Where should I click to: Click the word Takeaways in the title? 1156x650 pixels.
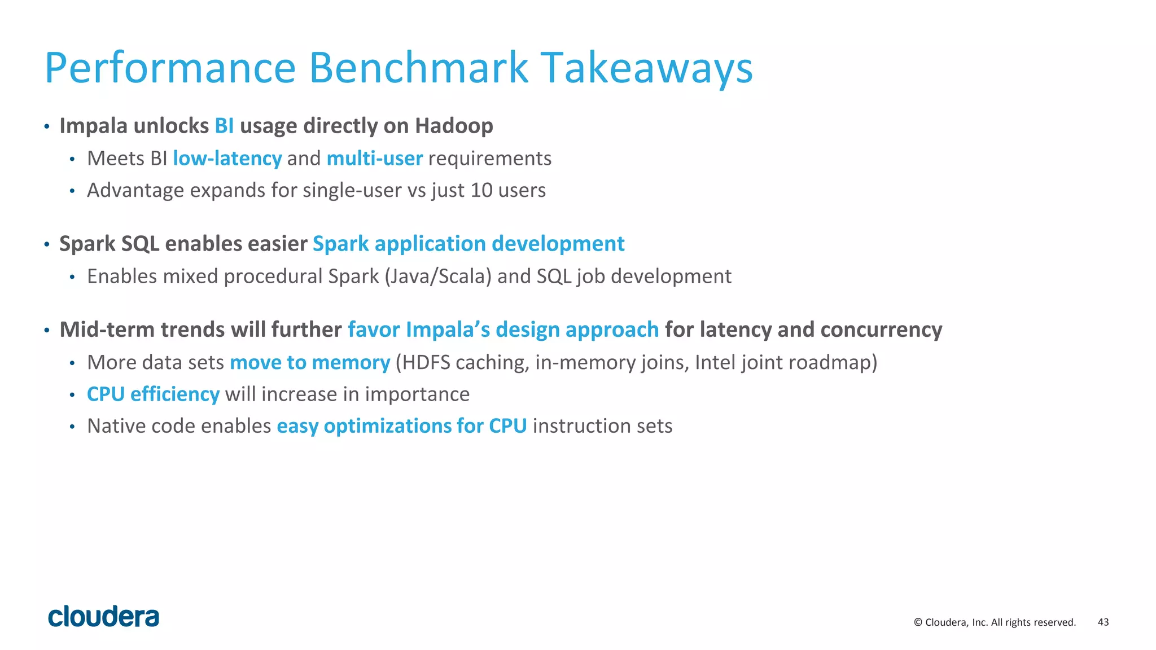(646, 68)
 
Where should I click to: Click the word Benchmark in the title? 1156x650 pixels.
(418, 68)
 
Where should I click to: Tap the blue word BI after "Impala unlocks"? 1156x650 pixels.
(224, 126)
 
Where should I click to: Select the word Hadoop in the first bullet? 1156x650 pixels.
(454, 126)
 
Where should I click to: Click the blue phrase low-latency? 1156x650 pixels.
(227, 159)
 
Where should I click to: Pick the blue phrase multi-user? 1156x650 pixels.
(374, 159)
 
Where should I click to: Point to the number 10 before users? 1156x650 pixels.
(481, 190)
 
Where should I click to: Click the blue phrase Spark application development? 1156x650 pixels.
(468, 244)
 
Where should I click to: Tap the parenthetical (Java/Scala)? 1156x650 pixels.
(438, 276)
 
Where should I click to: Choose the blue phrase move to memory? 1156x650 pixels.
(310, 362)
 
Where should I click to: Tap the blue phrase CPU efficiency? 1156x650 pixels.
(153, 394)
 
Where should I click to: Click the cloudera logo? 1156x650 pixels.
(104, 617)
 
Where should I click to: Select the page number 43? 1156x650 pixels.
(1103, 622)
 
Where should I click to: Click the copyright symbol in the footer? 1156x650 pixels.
(918, 622)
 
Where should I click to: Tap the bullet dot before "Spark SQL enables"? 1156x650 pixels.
(47, 245)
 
